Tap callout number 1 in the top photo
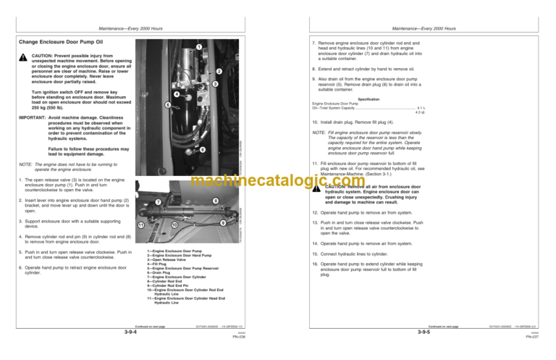coord(198,48)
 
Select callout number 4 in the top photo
coord(177,96)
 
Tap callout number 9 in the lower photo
coord(222,222)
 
